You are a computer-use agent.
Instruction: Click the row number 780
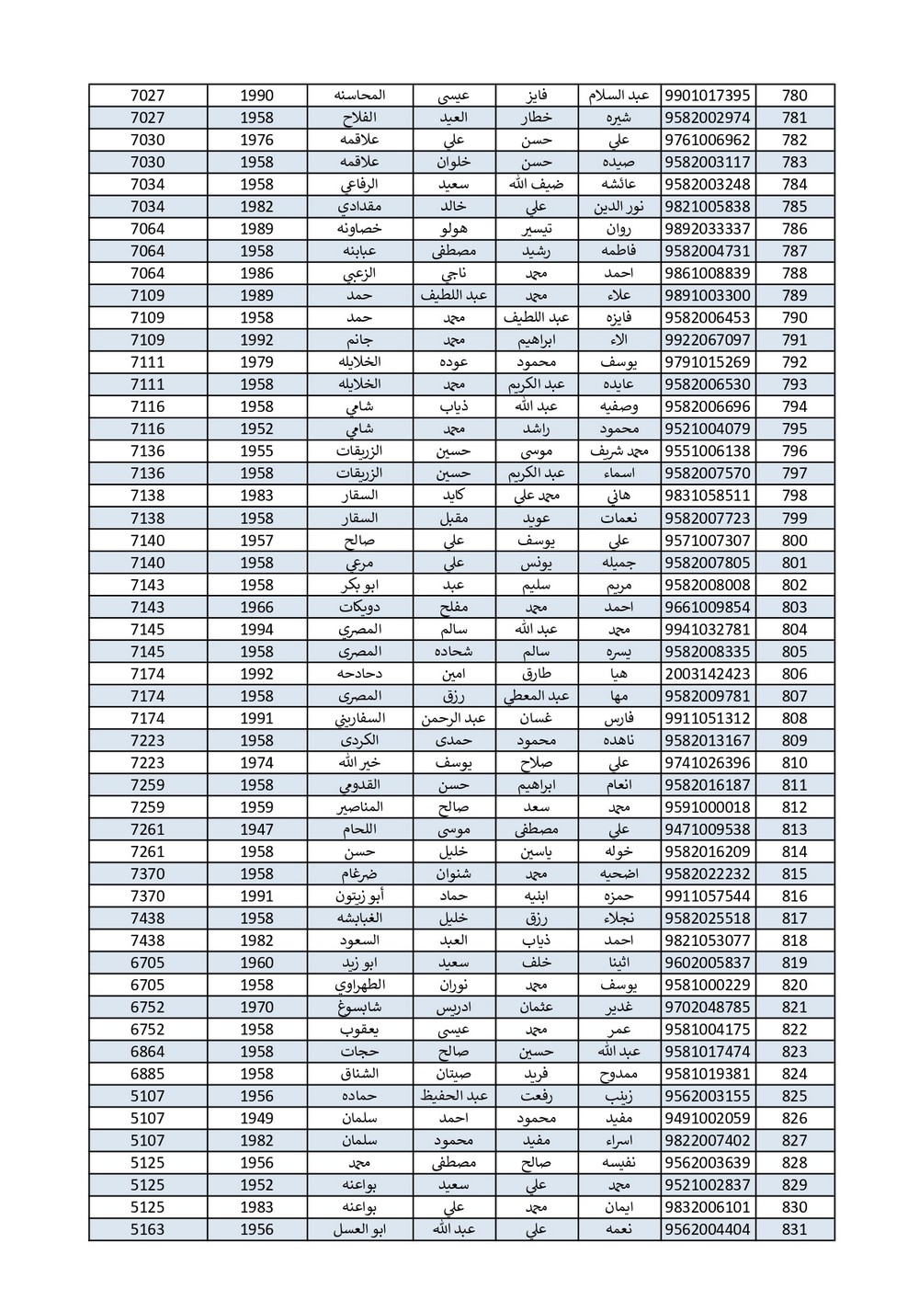coord(794,96)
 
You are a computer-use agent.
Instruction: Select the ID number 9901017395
coord(706,96)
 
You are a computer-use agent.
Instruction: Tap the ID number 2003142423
coord(706,674)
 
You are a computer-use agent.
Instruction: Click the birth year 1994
coord(257,630)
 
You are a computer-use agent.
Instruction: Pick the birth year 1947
coord(257,829)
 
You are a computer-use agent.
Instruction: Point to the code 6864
coord(148,1052)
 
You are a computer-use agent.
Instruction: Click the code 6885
coord(148,1074)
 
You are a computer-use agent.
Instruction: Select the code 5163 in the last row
coord(148,1229)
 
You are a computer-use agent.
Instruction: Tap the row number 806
coord(794,674)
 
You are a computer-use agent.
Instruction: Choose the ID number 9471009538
coord(706,829)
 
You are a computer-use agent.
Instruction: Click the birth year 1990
coord(257,96)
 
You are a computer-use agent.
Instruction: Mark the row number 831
coord(794,1229)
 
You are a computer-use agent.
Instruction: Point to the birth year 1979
coord(257,362)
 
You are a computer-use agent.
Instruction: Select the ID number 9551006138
coord(706,451)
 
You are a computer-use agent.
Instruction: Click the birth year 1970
coord(257,1007)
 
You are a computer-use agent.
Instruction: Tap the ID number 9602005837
coord(706,963)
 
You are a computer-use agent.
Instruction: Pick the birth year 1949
coord(257,1118)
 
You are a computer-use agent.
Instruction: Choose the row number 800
coord(794,541)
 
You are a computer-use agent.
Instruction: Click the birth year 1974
coord(257,762)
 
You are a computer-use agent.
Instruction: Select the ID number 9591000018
coord(706,807)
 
